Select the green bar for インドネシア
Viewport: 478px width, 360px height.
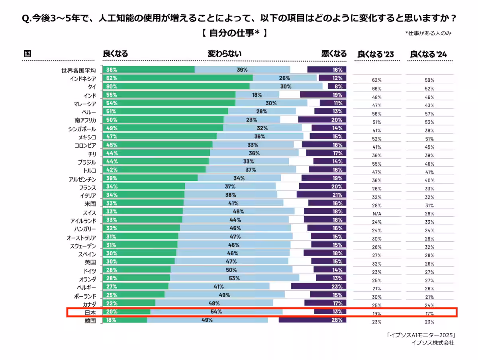[x=177, y=78]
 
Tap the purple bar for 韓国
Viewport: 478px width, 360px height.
[x=312, y=320]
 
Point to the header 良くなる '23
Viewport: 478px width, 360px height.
[x=376, y=54]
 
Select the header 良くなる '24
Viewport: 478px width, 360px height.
[x=429, y=54]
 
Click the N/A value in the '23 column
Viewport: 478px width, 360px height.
[x=377, y=214]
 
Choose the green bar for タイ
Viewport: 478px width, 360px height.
[x=176, y=86]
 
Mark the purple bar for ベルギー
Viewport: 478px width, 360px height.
[x=318, y=286]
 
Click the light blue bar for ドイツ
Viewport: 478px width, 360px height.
[x=231, y=270]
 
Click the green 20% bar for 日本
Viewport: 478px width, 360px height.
[x=126, y=312]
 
